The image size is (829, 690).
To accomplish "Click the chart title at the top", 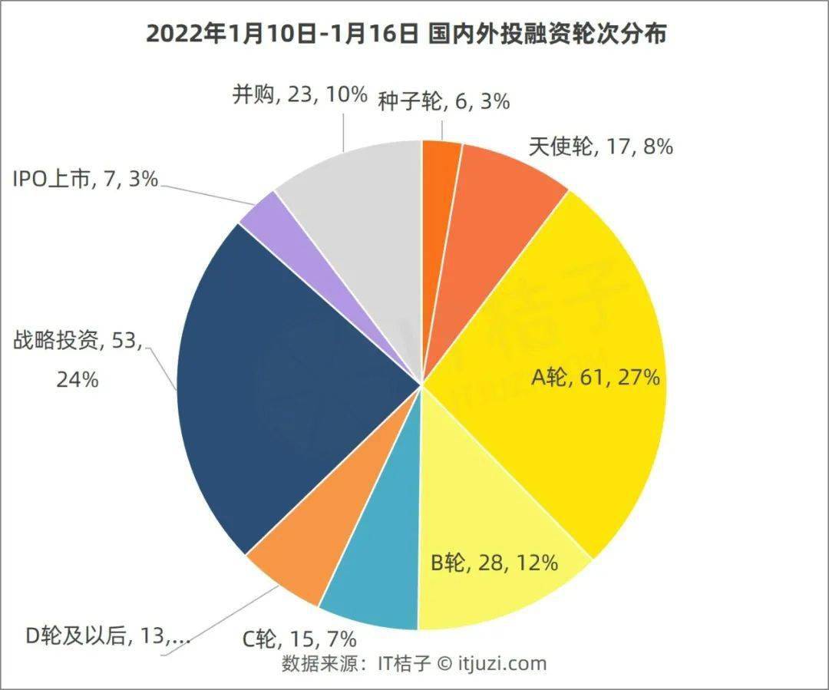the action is [x=406, y=35].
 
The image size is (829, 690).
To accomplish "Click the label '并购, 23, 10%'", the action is [x=300, y=95].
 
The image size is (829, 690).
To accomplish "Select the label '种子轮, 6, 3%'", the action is [x=444, y=101].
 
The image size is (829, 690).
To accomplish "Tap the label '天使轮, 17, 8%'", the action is [x=600, y=147].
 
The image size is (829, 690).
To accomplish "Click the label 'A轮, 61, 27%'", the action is [x=596, y=378].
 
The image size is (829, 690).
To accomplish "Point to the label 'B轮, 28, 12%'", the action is [x=494, y=563].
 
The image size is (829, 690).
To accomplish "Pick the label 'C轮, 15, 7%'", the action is [x=299, y=640].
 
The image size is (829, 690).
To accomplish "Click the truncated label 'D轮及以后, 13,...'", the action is [x=108, y=636].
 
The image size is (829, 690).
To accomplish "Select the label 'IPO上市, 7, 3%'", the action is [x=86, y=180].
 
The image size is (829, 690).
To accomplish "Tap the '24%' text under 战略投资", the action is [x=78, y=380].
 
